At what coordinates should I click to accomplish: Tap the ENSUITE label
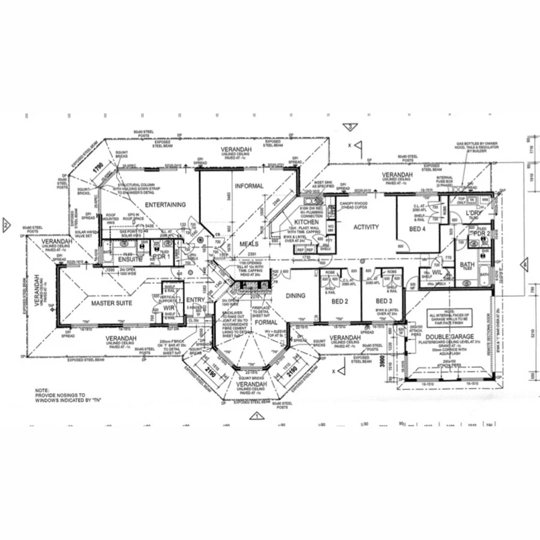coord(130,259)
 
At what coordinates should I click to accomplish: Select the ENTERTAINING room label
coord(165,205)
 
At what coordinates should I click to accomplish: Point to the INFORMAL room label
coord(249,186)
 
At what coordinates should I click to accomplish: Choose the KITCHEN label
coord(306,222)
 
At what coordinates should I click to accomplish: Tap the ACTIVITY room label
coord(366,227)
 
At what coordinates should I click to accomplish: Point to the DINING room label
coord(295,295)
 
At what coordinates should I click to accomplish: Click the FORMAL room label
coord(266,322)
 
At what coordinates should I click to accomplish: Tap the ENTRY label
coord(195,300)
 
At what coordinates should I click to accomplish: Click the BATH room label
coord(467,264)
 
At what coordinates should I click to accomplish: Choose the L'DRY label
coord(467,214)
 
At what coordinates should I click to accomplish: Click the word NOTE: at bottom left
coord(43,390)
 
